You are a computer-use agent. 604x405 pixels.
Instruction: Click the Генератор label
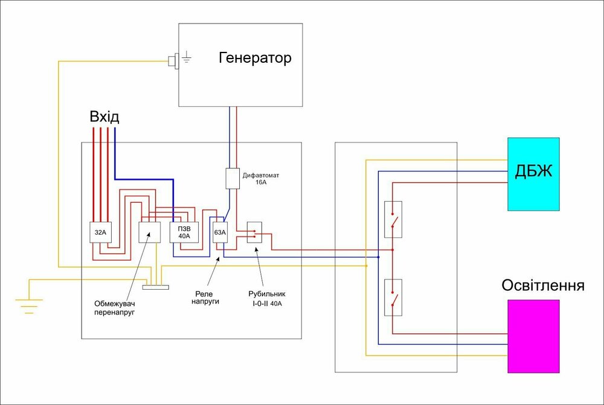tap(255, 59)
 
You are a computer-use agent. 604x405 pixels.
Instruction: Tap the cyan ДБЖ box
tap(533, 174)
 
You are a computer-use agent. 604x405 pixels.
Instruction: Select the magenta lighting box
tap(533, 336)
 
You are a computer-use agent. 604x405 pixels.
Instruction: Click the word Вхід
tap(104, 116)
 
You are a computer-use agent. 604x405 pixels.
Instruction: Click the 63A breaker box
tap(220, 232)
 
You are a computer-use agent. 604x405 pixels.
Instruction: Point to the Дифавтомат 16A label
tap(261, 179)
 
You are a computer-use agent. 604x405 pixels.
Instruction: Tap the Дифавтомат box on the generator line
tap(233, 178)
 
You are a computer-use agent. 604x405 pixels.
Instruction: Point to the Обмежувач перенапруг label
tap(115, 308)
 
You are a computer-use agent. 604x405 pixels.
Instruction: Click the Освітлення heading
tap(543, 285)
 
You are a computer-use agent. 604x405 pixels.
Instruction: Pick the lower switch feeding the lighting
tap(393, 298)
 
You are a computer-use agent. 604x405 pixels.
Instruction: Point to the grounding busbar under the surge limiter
tap(155, 286)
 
